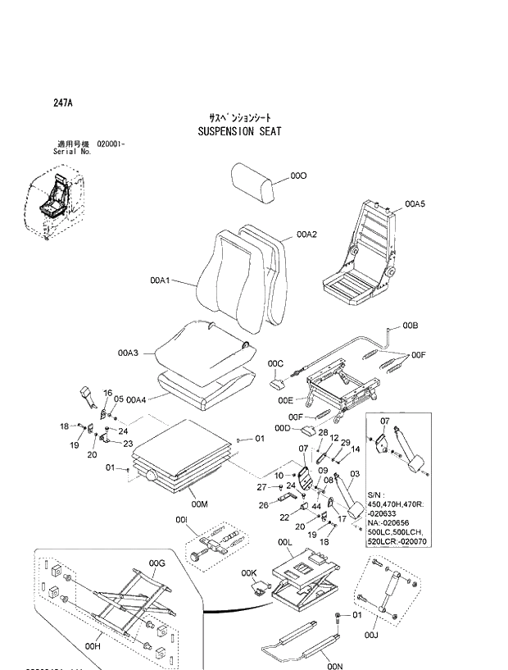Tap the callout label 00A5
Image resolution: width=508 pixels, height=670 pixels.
(x=415, y=201)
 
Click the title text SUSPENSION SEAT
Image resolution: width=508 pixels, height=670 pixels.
(x=240, y=130)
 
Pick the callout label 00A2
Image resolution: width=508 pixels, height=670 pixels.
(x=306, y=234)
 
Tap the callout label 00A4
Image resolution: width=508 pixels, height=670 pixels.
(x=136, y=399)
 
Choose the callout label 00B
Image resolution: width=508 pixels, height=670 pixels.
(x=410, y=326)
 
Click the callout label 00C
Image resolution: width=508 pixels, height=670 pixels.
(x=275, y=362)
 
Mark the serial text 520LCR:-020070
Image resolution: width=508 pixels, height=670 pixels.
(x=397, y=542)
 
